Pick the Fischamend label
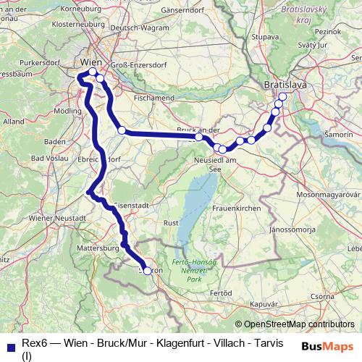click(x=154, y=96)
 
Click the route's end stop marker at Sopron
click(x=148, y=271)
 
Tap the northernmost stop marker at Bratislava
click(x=282, y=97)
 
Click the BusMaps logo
click(x=328, y=346)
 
